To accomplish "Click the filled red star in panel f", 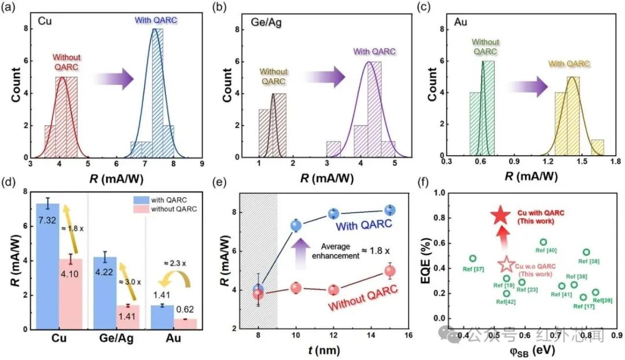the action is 500,216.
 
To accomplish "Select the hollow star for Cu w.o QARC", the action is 506,264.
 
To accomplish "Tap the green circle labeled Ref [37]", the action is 473,259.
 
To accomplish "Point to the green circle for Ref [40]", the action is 543,242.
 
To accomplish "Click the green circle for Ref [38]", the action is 586,252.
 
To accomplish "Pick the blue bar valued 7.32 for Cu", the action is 48,266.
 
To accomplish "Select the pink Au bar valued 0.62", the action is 185,324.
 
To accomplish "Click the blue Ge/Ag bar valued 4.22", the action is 105,293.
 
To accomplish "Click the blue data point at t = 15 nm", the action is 390,210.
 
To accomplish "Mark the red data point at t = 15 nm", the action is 390,271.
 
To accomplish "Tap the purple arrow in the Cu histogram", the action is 113,79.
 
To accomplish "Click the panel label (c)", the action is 424,7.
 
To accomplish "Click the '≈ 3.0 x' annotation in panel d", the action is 130,282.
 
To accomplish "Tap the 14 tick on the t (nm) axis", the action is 371,335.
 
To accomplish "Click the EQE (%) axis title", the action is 427,260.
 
